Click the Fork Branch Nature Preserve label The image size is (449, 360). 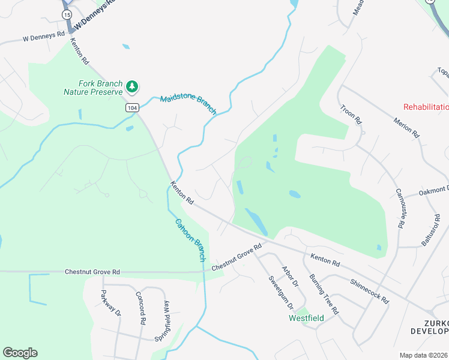(93, 88)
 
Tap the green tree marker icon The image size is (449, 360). (131, 88)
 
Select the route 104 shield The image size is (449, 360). (132, 107)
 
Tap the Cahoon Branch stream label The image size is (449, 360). (190, 239)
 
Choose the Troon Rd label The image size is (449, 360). (351, 115)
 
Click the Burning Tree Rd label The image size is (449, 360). (324, 295)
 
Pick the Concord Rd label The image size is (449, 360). (141, 308)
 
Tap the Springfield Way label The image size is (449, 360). (166, 320)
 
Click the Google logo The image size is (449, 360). (20, 353)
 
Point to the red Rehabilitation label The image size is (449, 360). (426, 107)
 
